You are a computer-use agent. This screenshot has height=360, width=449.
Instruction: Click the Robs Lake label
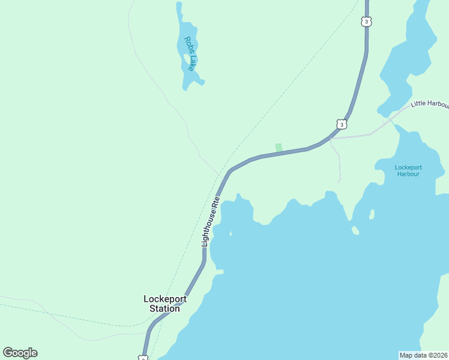[x=189, y=53]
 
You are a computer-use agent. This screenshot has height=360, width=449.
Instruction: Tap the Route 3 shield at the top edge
[x=367, y=22]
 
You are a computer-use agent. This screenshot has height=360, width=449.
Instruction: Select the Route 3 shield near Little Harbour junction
[x=341, y=124]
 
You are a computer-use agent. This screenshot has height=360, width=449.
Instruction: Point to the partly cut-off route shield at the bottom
[x=143, y=358]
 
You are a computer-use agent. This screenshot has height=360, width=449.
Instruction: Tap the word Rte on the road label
[x=217, y=201]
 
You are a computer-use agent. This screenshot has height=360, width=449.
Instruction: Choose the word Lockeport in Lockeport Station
[x=165, y=299]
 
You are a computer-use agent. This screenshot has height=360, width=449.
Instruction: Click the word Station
[x=164, y=308]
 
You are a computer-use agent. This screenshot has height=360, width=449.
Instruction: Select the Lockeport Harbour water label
[x=408, y=170]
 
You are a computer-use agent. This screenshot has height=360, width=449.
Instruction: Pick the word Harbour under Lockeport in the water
[x=408, y=174]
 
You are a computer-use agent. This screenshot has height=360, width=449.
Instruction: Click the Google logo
[x=20, y=353]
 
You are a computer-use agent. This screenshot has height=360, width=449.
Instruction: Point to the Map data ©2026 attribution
[x=424, y=355]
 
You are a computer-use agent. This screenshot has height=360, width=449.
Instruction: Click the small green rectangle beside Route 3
[x=279, y=148]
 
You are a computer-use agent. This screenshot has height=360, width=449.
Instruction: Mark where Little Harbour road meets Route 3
[x=331, y=138]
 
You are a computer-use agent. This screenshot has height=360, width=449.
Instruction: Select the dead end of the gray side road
[x=339, y=181]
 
